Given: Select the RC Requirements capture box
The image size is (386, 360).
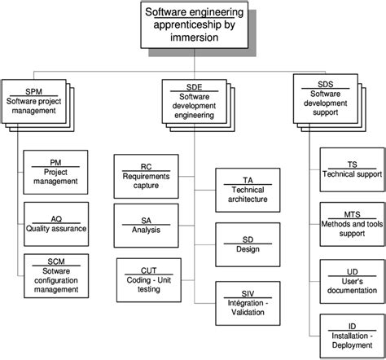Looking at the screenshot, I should (145, 175).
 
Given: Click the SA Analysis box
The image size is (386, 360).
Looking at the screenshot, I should (145, 224).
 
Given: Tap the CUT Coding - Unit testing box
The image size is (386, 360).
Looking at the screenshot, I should (149, 277).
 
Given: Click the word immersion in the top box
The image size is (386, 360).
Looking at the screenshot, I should (193, 37).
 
